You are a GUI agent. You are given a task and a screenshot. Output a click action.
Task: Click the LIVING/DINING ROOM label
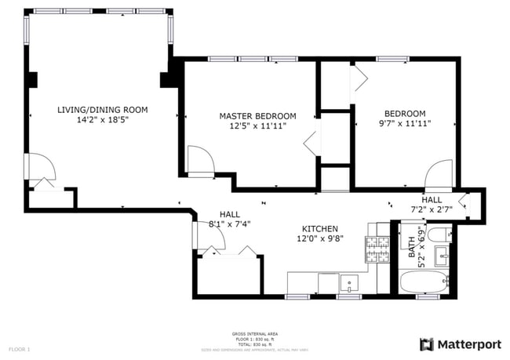click(102, 110)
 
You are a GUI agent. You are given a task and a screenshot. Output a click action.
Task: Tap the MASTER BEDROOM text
click(257, 115)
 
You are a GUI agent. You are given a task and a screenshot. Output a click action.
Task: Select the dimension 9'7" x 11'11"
click(403, 124)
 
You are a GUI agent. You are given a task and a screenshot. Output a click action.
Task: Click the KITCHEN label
click(320, 228)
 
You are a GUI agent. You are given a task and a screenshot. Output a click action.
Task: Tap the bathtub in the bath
click(424, 282)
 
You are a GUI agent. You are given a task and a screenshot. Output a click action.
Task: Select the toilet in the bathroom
click(442, 233)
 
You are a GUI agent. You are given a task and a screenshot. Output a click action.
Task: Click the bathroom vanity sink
click(441, 255)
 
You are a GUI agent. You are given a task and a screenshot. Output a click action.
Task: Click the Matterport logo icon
click(427, 344)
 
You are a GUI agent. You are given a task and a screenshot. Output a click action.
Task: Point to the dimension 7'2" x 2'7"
click(432, 209)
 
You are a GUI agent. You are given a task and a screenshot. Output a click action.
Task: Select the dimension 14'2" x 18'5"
click(102, 121)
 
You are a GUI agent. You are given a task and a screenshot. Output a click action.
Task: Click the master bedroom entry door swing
click(199, 162)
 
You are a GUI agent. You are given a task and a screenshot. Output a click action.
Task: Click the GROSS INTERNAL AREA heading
click(254, 333)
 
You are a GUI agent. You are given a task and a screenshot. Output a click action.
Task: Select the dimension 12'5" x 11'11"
click(257, 125)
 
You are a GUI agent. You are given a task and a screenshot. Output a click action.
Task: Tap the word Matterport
click(469, 344)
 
